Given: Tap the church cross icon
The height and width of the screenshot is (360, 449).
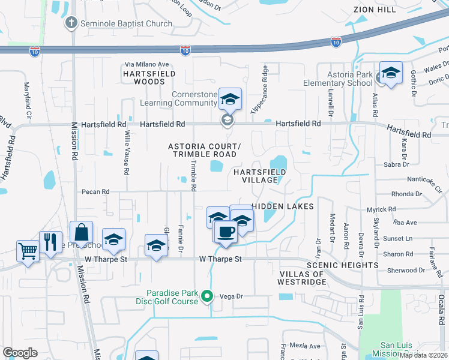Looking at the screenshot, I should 71,23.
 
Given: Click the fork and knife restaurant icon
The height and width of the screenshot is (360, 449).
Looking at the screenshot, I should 50,241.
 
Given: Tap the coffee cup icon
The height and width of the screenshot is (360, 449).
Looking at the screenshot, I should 226,231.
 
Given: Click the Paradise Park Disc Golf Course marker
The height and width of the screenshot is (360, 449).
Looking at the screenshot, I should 208,296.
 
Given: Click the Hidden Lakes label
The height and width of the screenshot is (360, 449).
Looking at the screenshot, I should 283,206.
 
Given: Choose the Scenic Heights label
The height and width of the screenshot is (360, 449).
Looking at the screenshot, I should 342,265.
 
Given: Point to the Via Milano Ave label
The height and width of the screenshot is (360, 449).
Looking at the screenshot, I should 147,64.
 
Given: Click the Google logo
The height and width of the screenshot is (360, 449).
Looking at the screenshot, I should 20,353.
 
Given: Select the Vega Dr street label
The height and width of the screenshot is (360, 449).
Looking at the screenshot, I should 231,296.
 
